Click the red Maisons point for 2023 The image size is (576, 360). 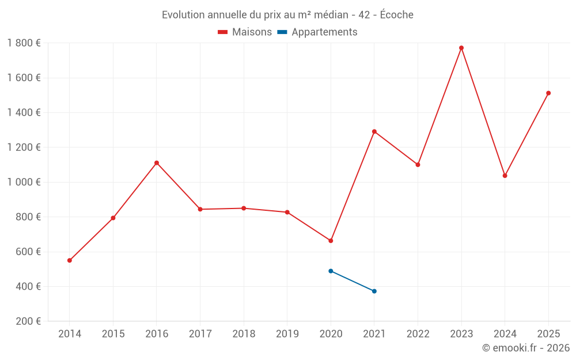click(x=461, y=48)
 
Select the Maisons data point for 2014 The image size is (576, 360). click(x=70, y=260)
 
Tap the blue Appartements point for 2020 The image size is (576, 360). click(x=331, y=271)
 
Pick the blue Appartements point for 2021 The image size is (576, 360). click(x=374, y=291)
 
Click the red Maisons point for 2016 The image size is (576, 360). click(x=157, y=163)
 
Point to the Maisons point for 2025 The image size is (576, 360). click(x=548, y=93)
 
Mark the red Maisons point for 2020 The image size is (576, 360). click(x=331, y=241)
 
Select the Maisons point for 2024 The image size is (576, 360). click(x=505, y=176)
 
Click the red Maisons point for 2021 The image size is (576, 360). click(x=374, y=131)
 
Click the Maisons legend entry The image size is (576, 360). click(x=245, y=32)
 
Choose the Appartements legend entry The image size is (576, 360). click(x=317, y=32)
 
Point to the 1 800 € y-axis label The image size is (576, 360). click(x=24, y=43)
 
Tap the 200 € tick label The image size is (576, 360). click(x=29, y=321)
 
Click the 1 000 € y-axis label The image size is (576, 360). click(x=24, y=182)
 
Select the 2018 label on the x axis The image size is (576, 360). click(x=244, y=334)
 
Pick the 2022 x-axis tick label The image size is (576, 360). click(x=418, y=334)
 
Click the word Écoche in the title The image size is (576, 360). click(x=397, y=15)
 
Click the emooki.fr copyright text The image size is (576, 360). click(x=526, y=348)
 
